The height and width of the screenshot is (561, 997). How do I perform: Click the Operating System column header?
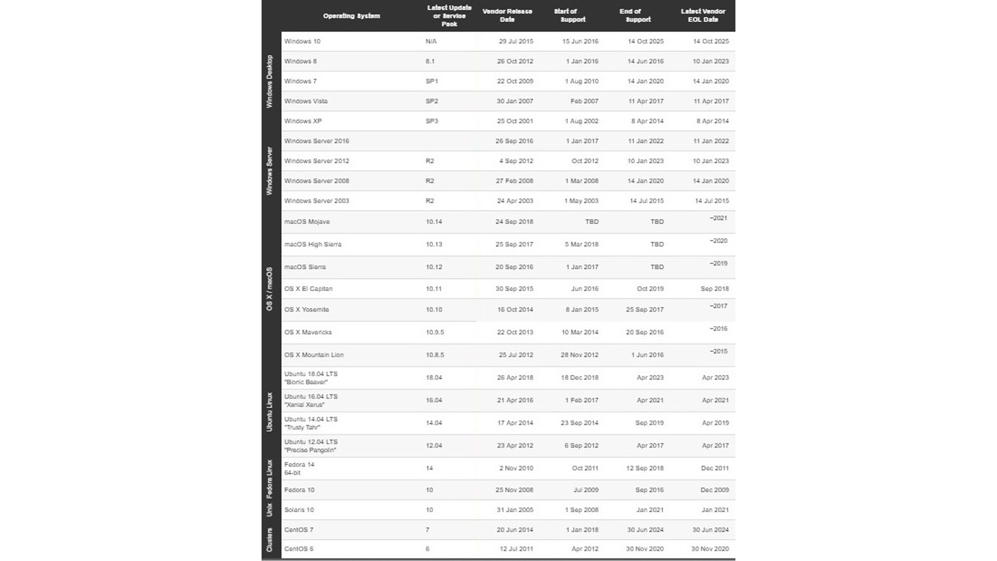(351, 16)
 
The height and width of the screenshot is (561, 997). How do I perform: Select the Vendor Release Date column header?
(507, 16)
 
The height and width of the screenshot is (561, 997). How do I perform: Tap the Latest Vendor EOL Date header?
(703, 16)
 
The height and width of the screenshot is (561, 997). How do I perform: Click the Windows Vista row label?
(306, 101)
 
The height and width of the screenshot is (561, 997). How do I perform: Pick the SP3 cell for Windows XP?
(432, 121)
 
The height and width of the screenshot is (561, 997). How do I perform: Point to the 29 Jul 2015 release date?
(516, 41)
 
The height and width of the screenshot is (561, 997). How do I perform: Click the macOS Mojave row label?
(307, 222)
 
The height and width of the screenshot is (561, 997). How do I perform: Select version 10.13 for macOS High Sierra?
(434, 244)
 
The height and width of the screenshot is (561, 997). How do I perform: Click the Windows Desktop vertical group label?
(269, 81)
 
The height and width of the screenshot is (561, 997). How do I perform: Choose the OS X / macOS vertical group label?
(269, 289)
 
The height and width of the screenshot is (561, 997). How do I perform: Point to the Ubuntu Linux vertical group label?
(269, 412)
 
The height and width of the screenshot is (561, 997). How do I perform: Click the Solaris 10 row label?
(299, 510)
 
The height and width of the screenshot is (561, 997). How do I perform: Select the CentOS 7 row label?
(298, 530)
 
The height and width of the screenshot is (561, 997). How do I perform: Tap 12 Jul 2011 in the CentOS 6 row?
(516, 549)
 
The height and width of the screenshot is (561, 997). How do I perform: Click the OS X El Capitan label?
(308, 289)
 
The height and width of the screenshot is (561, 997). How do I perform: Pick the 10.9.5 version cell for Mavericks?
(435, 332)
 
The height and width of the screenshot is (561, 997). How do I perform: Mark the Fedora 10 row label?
(299, 490)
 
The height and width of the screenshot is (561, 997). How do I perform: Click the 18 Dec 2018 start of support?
(579, 377)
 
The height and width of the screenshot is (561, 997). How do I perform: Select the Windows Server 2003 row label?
(317, 201)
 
